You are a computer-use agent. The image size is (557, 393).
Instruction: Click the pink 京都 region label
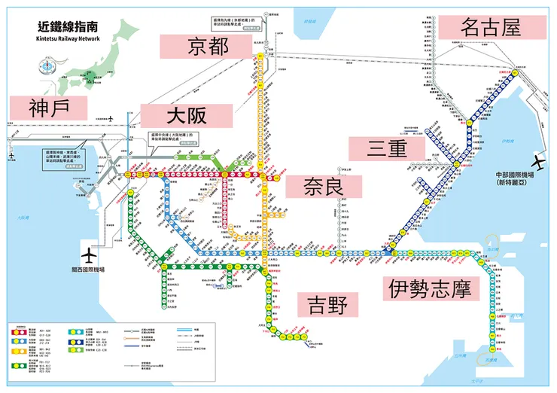[x=205, y=47]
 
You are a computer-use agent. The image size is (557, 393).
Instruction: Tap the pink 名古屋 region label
[x=491, y=28]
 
